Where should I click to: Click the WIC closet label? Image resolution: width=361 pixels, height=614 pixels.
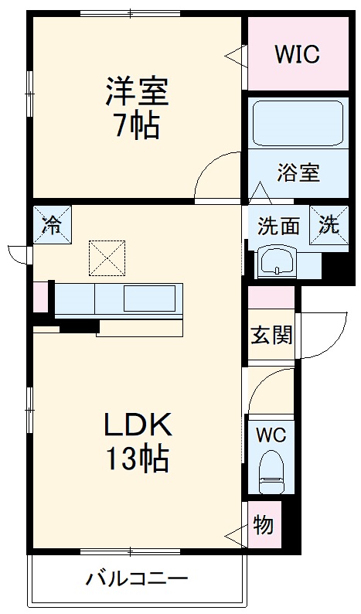click(298, 54)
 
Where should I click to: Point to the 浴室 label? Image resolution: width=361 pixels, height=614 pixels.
click(298, 172)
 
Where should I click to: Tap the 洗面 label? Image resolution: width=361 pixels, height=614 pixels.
click(278, 226)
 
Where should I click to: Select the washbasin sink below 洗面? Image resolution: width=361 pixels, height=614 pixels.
click(277, 261)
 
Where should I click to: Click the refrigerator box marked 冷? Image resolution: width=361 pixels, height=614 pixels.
click(52, 224)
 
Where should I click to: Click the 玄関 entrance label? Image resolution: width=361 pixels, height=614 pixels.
click(271, 335)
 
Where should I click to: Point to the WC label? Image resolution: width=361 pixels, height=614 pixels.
click(271, 435)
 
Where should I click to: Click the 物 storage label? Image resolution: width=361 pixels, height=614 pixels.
click(263, 526)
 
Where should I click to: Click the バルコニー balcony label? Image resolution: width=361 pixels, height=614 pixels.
click(137, 578)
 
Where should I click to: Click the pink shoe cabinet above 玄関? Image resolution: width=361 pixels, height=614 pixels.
click(271, 297)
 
